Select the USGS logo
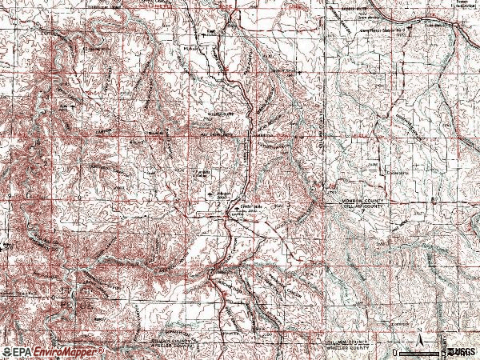(462, 351)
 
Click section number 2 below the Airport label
(218, 205)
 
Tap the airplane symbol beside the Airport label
(211, 193)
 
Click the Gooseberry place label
(397, 173)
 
